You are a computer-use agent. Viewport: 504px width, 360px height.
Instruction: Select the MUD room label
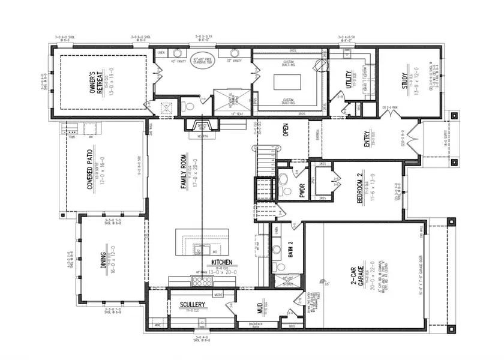pyautogui.click(x=260, y=308)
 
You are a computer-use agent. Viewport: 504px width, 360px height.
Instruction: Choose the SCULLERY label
pyautogui.click(x=193, y=305)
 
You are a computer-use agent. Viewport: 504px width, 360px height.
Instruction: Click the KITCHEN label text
pyautogui.click(x=221, y=263)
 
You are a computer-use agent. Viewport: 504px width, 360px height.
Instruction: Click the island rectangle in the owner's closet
pyautogui.click(x=290, y=81)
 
